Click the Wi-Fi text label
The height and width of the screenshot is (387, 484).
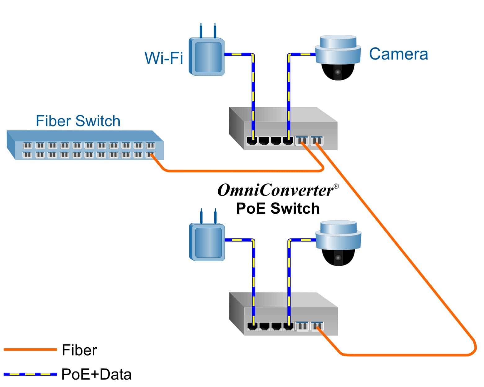164,58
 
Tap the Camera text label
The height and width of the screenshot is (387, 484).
398,54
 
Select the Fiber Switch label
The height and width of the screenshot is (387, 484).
78,121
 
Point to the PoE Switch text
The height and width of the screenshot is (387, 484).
278,208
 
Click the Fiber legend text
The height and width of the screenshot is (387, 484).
79,350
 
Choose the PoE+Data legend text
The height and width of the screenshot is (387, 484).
96,374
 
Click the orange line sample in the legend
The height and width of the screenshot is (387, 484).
30,349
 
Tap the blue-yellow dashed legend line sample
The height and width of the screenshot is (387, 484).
30,374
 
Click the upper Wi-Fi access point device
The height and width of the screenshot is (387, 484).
207,57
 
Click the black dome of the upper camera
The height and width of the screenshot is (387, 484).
338,72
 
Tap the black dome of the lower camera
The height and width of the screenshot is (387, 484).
338,257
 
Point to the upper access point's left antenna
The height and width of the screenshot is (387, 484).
201,30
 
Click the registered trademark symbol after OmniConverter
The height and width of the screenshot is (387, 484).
336,186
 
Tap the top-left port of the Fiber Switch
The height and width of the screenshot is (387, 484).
27,145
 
